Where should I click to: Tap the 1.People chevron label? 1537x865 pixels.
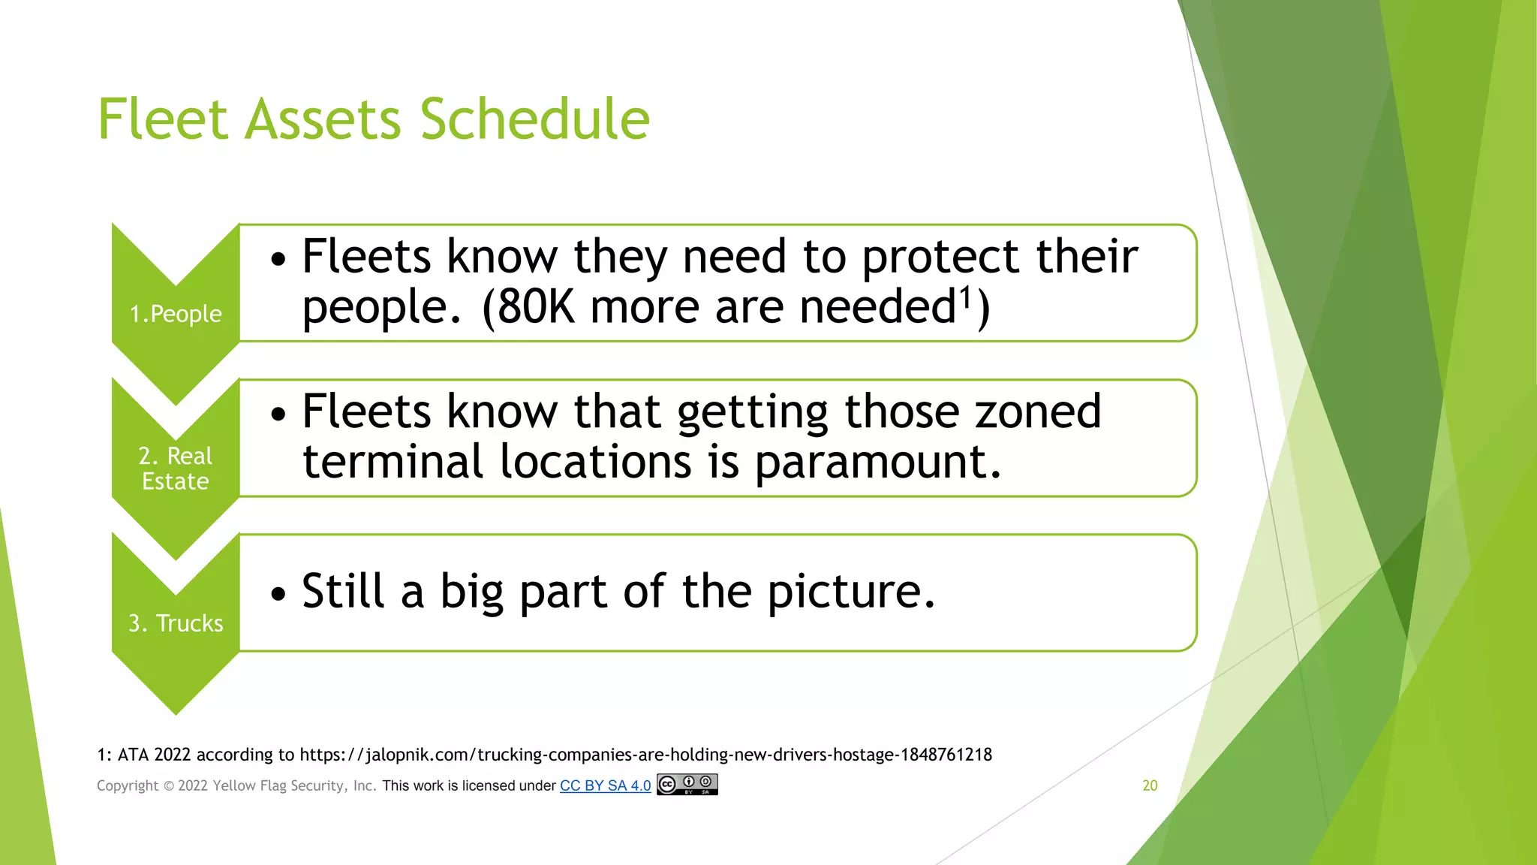click(x=176, y=314)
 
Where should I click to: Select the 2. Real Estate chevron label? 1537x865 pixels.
click(x=176, y=469)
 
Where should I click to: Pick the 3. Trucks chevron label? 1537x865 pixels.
click(x=176, y=623)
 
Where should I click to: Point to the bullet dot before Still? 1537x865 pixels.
click(x=279, y=594)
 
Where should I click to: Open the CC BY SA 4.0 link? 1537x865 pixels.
click(x=605, y=785)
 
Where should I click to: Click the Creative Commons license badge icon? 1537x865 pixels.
click(x=687, y=785)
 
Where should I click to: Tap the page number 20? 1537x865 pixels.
click(x=1150, y=785)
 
